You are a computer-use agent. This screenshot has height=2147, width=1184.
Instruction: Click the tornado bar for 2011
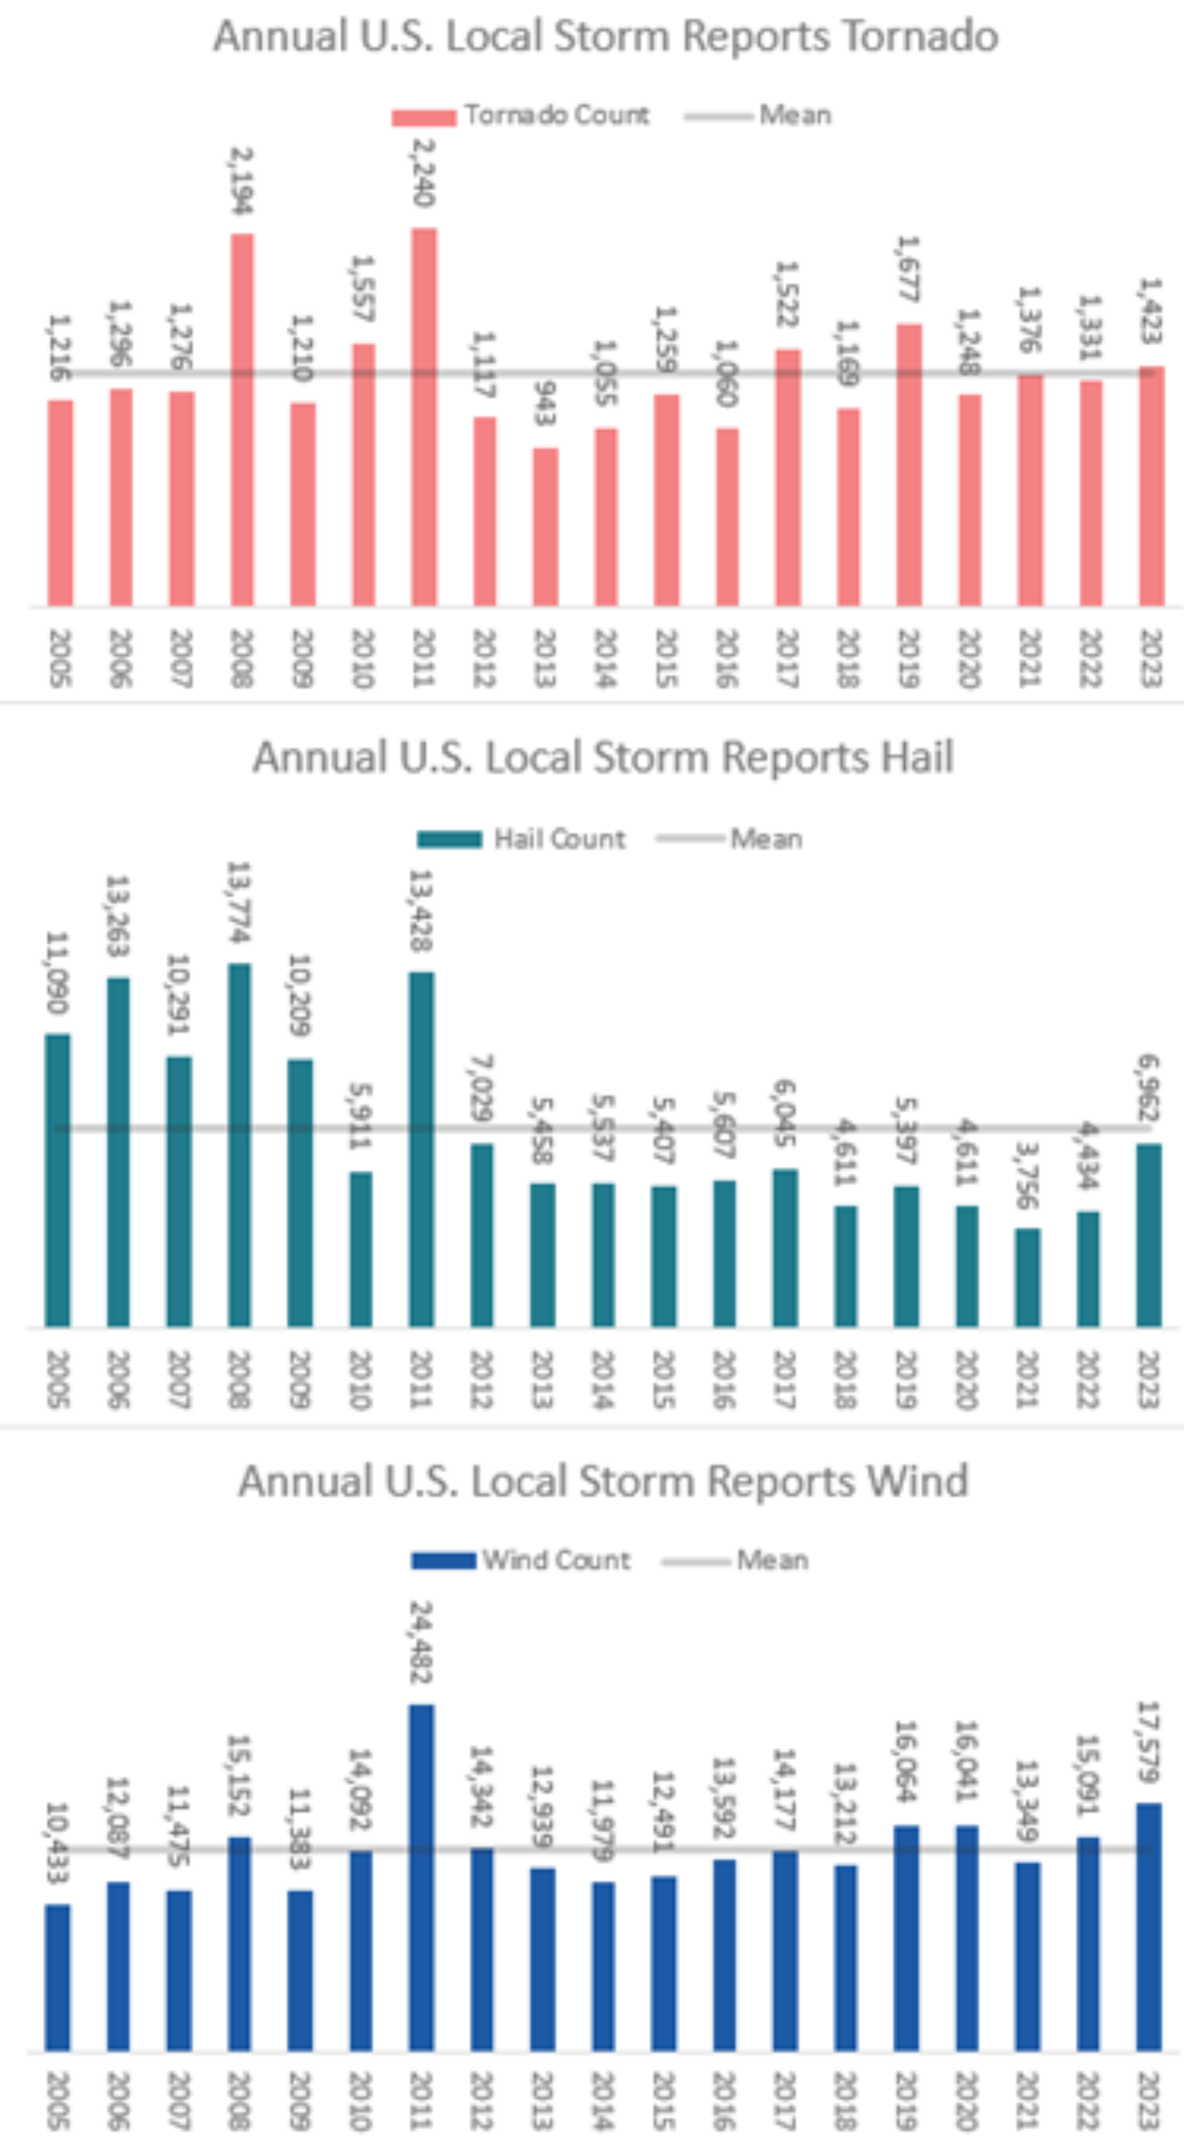tap(424, 417)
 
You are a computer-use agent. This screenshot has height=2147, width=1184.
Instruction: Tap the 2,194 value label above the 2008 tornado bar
tap(241, 181)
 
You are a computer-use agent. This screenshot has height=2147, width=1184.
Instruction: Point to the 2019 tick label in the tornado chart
tap(908, 659)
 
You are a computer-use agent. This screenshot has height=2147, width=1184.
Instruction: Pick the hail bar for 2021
tap(1027, 1277)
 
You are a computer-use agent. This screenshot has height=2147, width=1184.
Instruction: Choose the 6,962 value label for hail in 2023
tap(1148, 1087)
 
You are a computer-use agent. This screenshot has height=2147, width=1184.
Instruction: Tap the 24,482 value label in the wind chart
tap(421, 1642)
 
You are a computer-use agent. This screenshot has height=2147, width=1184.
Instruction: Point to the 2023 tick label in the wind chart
tap(1148, 2100)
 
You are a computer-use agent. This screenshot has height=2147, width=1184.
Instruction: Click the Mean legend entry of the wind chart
tap(772, 1560)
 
